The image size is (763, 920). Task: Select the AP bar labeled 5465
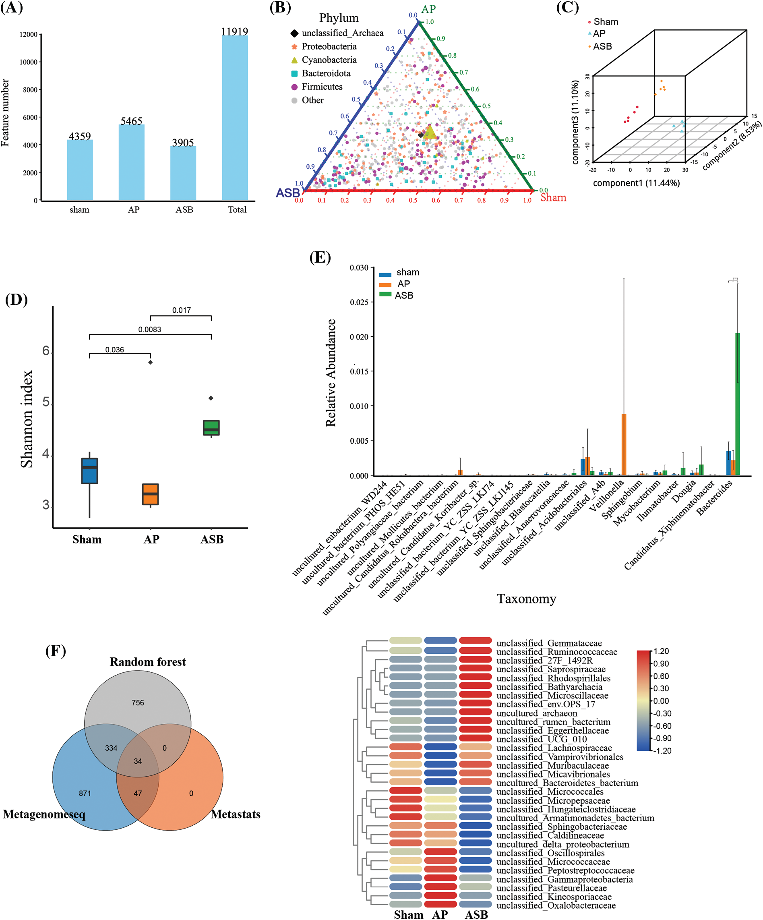(x=131, y=162)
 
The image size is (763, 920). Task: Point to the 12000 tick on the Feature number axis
(x=29, y=34)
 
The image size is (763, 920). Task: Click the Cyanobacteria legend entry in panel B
(x=329, y=60)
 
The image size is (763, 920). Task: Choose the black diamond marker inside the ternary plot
(x=420, y=135)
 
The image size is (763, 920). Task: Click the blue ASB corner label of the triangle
(x=288, y=193)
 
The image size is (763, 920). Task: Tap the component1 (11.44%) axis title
(x=636, y=183)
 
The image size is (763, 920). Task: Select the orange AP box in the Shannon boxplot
(x=150, y=494)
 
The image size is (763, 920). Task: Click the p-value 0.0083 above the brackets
(x=150, y=329)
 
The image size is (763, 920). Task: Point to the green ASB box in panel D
(x=211, y=428)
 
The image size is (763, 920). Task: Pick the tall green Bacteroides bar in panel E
(x=738, y=404)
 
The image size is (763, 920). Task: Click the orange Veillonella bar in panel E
(x=624, y=444)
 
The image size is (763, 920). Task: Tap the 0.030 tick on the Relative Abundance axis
(x=359, y=268)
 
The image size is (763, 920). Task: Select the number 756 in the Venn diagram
(x=138, y=703)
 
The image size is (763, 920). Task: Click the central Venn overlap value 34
(x=138, y=761)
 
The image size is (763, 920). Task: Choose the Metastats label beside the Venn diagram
(x=235, y=814)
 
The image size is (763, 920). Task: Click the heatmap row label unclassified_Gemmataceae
(x=549, y=643)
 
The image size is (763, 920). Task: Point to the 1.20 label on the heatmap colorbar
(x=661, y=651)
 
